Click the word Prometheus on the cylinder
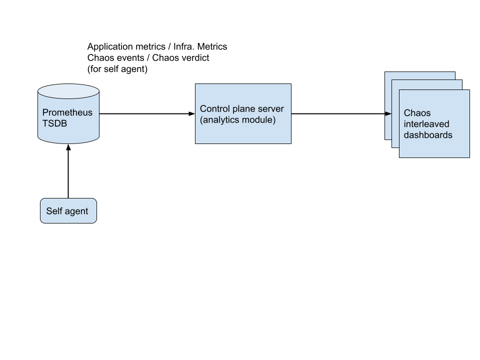point(67,112)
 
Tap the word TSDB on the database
point(54,123)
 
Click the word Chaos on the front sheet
point(417,113)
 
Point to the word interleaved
point(426,124)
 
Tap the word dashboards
point(428,135)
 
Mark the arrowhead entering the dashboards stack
point(388,114)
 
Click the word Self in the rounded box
point(53,211)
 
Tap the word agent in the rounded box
point(76,211)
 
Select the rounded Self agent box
point(68,218)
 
